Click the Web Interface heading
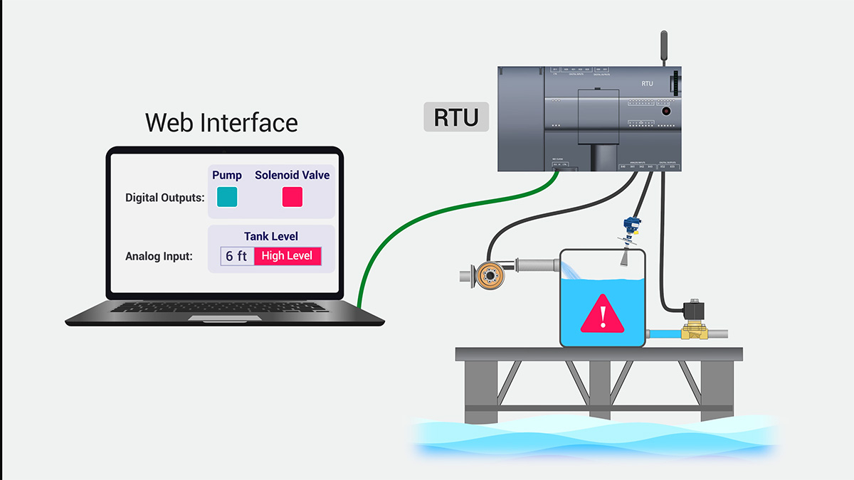[221, 122]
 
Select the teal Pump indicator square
[227, 197]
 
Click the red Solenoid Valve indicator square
[292, 197]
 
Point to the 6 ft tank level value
[236, 256]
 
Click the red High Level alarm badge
[288, 256]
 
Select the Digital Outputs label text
[164, 198]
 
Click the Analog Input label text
[159, 256]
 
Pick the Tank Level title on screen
[270, 236]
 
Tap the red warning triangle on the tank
[602, 315]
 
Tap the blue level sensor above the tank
[628, 225]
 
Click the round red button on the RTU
[666, 111]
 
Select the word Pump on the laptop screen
[227, 175]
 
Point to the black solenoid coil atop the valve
[691, 311]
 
